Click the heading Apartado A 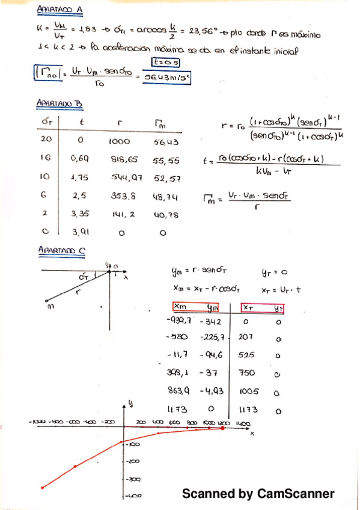click(59, 10)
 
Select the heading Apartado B click(59, 103)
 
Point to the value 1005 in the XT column click(248, 391)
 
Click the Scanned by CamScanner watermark click(258, 494)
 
